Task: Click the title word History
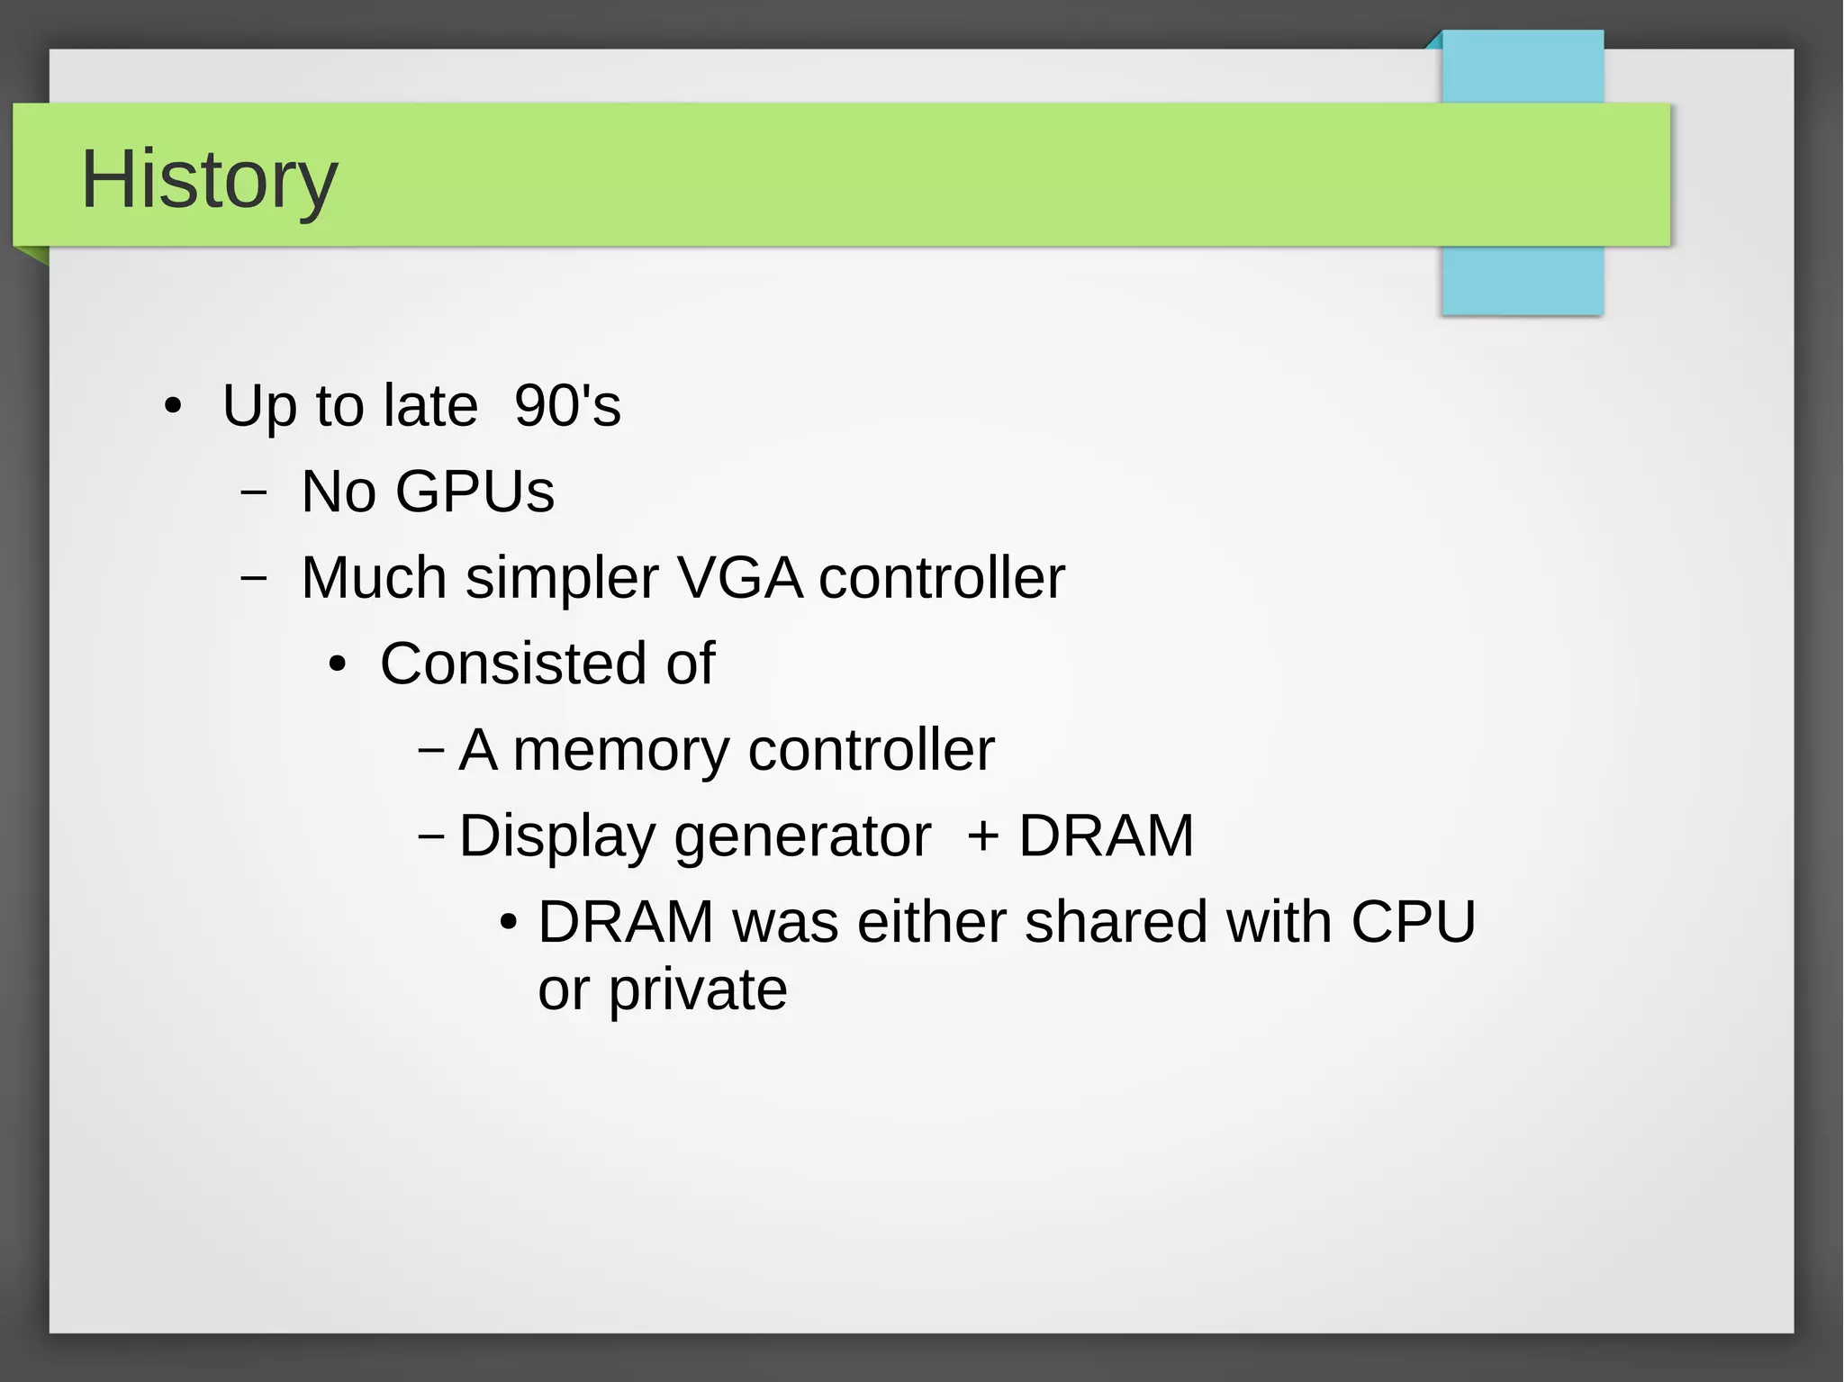[209, 180]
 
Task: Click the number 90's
[567, 405]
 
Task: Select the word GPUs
[475, 492]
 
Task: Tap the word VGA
[739, 577]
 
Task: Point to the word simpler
[562, 579]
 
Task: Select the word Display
[557, 837]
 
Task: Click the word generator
[802, 837]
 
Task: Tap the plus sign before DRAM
[983, 836]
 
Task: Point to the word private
[698, 990]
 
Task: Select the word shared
[1116, 922]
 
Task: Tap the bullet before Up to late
[173, 406]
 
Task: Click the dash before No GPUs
[254, 492]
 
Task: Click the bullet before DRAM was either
[509, 923]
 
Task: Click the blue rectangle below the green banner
[1522, 281]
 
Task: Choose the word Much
[374, 577]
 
